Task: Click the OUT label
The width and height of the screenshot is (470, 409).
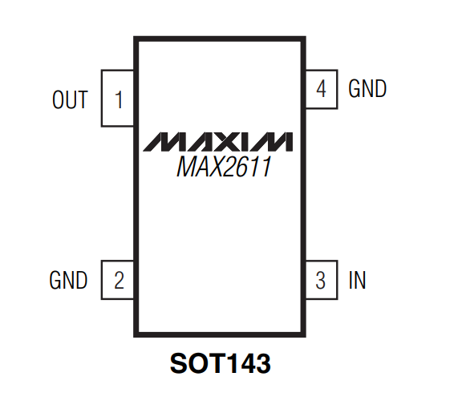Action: click(70, 99)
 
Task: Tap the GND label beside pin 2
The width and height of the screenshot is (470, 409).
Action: click(68, 280)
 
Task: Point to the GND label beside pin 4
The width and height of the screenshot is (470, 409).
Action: click(367, 88)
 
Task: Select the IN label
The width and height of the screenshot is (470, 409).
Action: click(357, 280)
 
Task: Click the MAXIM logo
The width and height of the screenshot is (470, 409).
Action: click(218, 141)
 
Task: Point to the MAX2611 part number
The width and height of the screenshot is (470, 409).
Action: click(224, 167)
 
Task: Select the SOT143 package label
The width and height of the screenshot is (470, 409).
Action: click(221, 363)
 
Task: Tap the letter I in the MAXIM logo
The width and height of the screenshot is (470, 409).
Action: click(244, 141)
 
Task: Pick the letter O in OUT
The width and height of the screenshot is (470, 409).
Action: click(58, 99)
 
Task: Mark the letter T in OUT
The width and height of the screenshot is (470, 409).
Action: click(83, 99)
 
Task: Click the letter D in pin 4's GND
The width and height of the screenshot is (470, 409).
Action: click(381, 88)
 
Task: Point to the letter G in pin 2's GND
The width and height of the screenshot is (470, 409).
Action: click(55, 280)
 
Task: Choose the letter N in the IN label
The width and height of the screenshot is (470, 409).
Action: click(360, 280)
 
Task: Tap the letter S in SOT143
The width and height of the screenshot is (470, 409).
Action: click(179, 363)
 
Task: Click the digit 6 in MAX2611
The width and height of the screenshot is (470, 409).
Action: click(241, 167)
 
